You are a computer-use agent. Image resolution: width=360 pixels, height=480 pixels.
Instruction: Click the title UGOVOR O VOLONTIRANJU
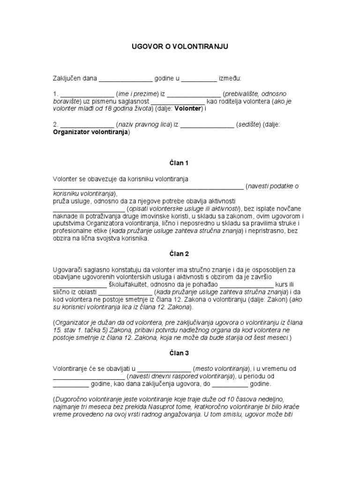pos(180,47)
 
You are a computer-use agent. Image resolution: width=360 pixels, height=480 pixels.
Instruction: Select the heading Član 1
pos(180,163)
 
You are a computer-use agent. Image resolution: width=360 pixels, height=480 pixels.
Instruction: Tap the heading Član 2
pos(180,254)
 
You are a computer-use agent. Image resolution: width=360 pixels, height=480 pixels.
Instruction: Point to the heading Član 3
pos(180,353)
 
